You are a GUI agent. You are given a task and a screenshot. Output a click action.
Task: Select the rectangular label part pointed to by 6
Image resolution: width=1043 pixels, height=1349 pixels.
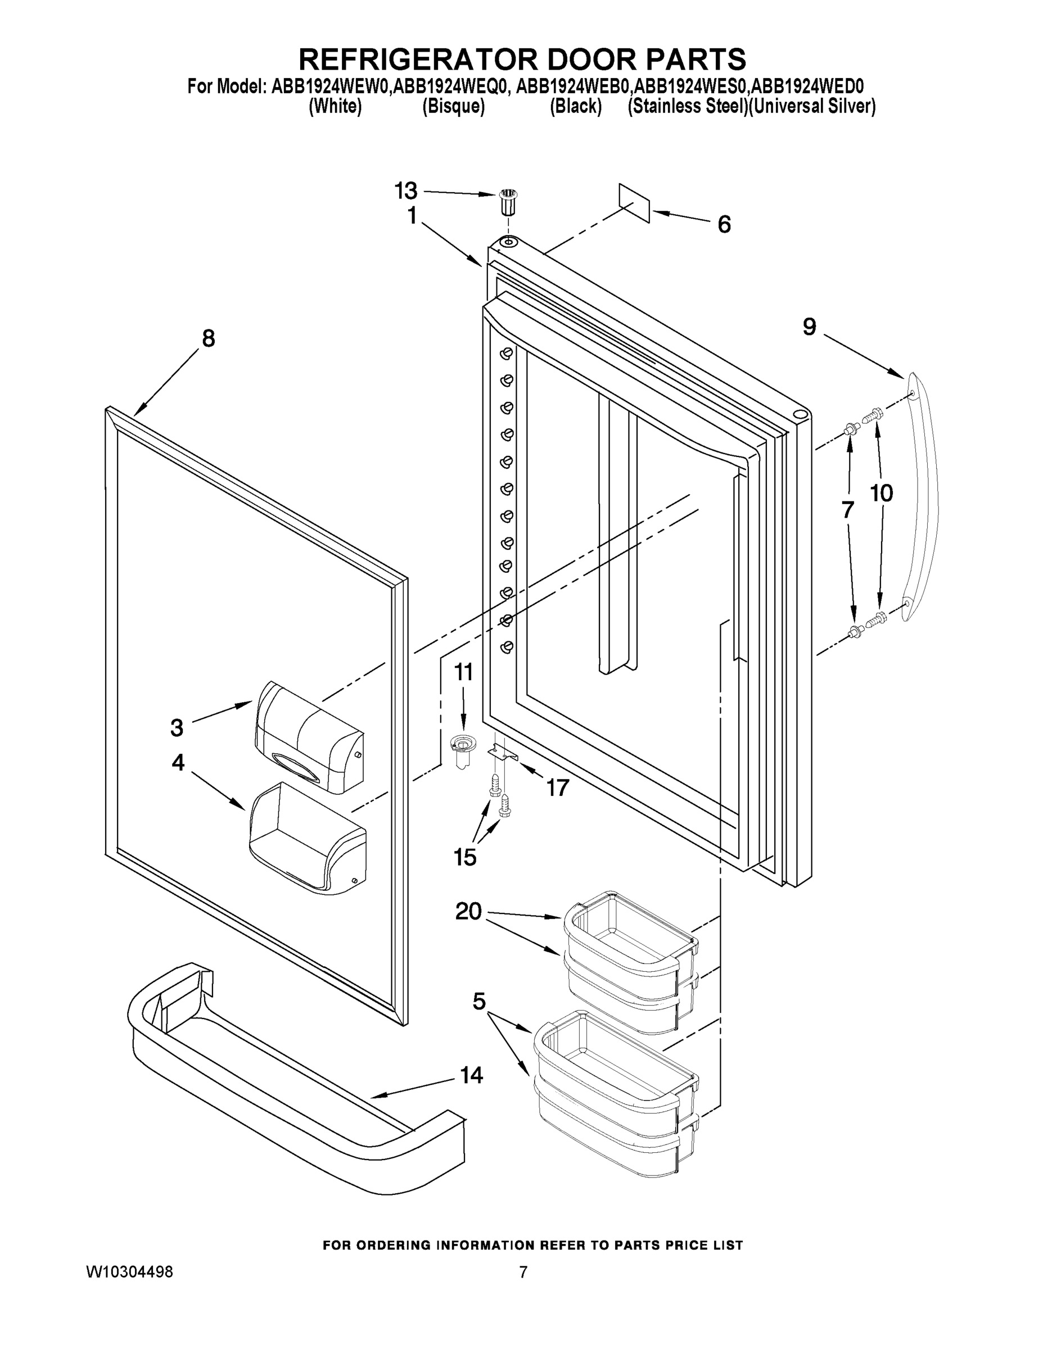click(x=634, y=202)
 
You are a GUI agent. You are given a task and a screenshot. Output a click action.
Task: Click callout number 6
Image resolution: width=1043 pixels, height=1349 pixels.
click(x=724, y=224)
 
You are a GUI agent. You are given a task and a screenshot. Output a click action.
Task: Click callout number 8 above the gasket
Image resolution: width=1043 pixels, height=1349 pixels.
click(x=209, y=338)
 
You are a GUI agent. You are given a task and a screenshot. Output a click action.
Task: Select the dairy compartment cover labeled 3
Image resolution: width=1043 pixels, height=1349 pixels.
click(x=309, y=737)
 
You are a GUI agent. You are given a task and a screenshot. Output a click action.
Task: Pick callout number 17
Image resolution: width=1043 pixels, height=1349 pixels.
click(x=557, y=787)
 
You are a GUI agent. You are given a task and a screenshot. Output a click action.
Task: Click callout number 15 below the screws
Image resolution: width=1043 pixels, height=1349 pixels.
click(x=464, y=857)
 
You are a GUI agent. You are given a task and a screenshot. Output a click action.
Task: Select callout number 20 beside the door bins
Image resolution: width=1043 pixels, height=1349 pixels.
click(x=468, y=911)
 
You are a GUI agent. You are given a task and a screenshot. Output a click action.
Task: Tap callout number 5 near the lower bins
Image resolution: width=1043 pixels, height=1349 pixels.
click(x=479, y=1001)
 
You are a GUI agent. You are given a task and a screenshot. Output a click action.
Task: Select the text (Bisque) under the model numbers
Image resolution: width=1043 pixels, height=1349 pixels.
click(x=453, y=106)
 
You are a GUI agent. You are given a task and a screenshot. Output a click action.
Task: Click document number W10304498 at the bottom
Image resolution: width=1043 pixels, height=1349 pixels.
click(x=129, y=1272)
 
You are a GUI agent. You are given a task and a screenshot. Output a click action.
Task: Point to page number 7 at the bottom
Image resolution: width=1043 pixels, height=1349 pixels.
click(x=523, y=1272)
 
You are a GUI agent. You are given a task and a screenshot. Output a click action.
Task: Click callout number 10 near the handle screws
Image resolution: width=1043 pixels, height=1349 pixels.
click(x=882, y=493)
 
